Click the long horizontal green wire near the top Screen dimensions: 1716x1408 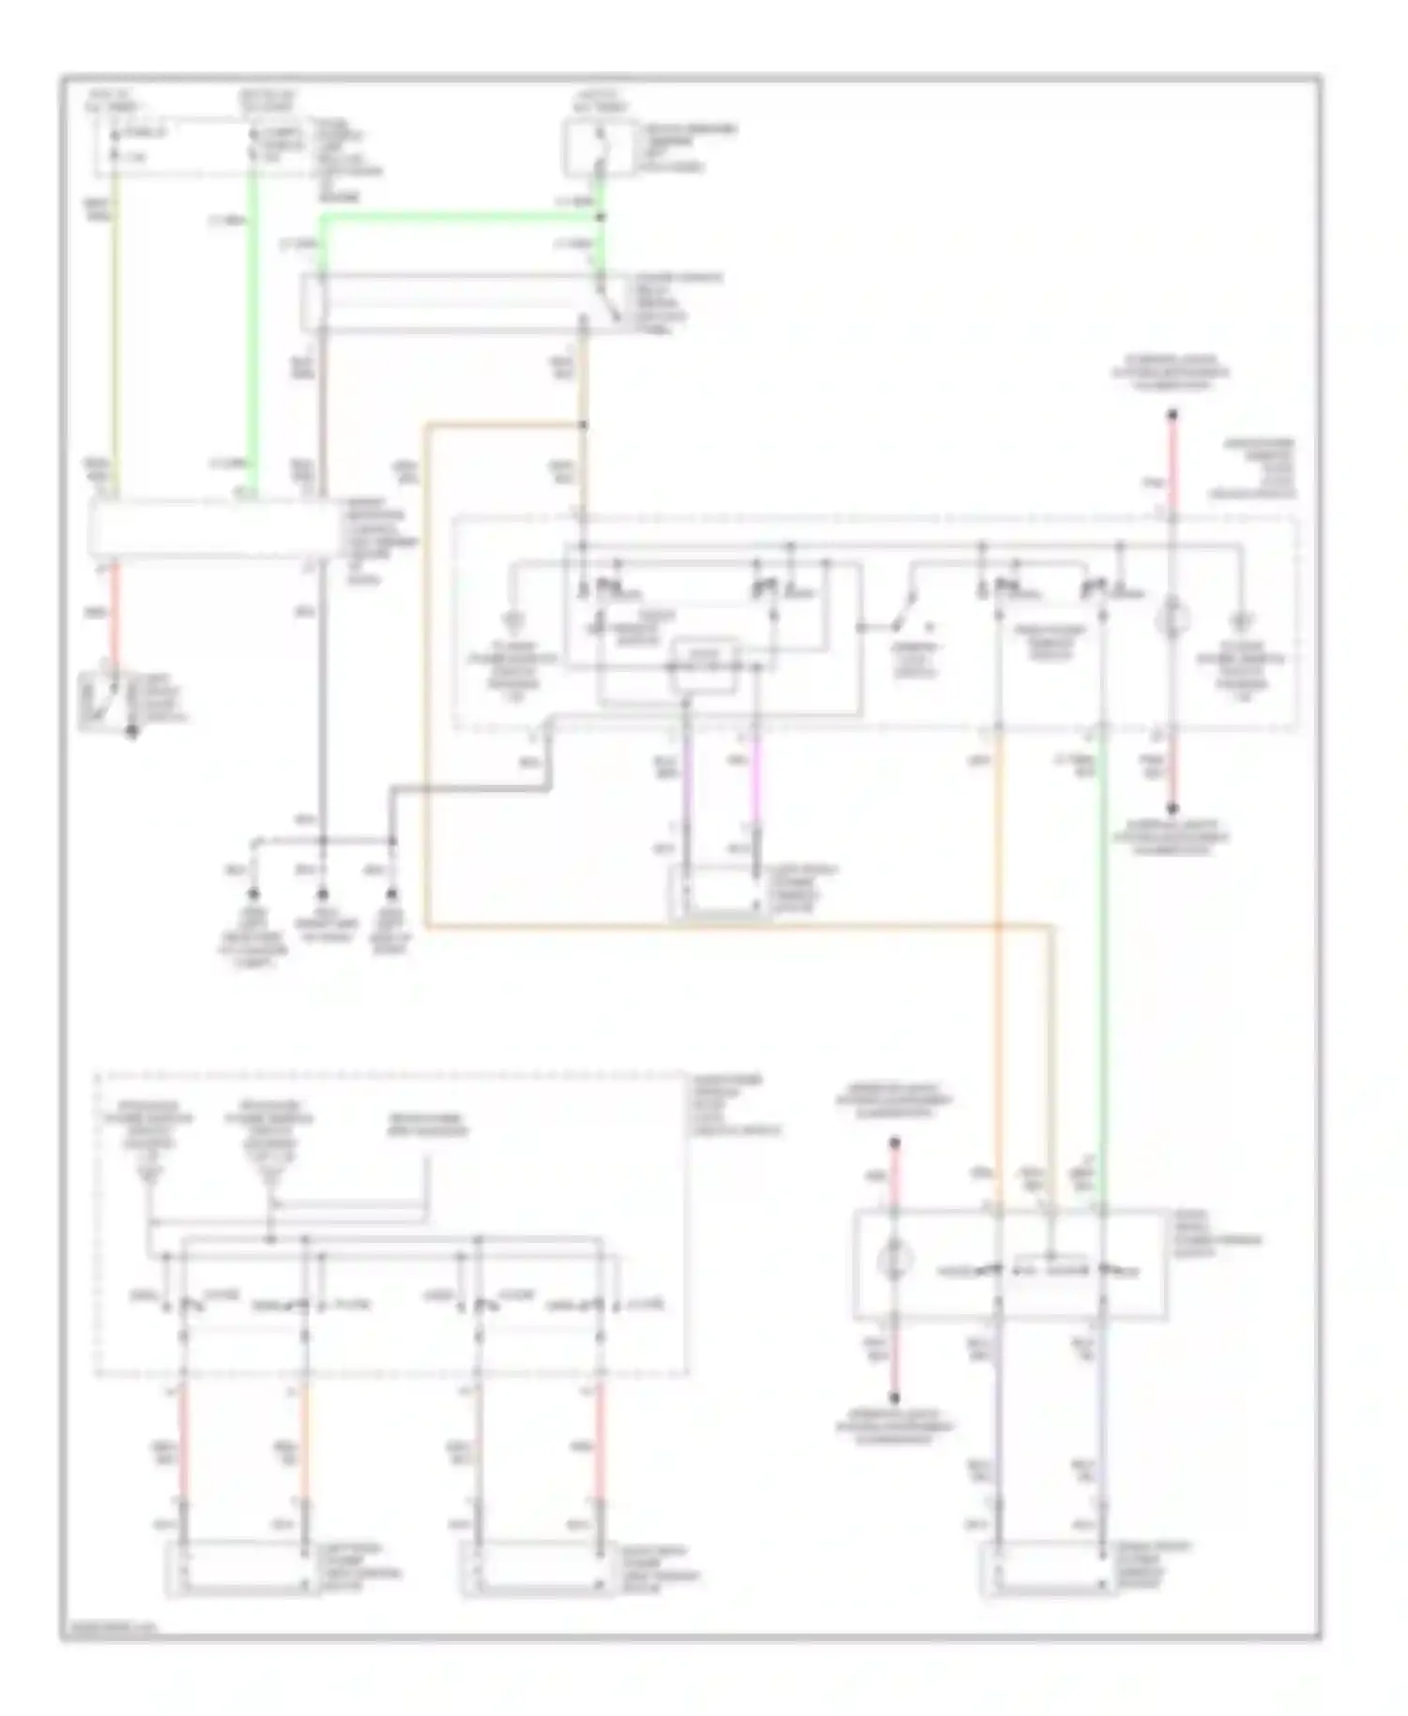pyautogui.click(x=460, y=219)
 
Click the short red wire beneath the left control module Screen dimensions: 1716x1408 pyautogui.click(x=115, y=610)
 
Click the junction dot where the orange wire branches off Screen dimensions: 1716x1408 pyautogui.click(x=583, y=426)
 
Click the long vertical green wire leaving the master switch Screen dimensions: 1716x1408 pyautogui.click(x=1104, y=939)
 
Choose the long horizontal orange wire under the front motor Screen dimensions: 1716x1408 pyautogui.click(x=732, y=927)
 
